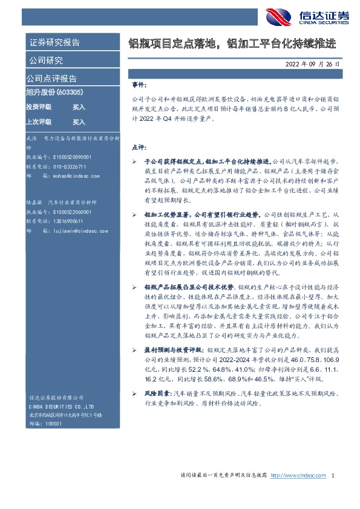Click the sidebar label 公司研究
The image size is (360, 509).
coord(45,60)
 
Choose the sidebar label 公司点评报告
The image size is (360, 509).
coord(51,78)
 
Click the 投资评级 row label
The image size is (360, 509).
coord(39,107)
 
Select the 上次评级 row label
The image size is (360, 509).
coord(39,122)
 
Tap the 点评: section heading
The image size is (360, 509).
coord(138,147)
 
